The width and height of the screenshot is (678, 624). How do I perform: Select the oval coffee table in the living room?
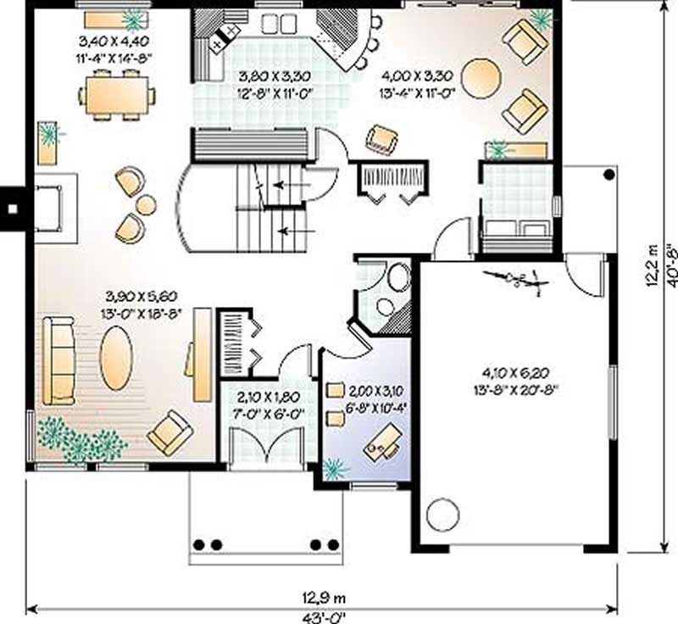click(x=116, y=359)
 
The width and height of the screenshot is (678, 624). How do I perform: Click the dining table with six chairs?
click(x=118, y=95)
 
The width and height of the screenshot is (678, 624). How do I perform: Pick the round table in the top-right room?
click(x=481, y=78)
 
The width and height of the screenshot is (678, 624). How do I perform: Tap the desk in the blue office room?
click(x=382, y=443)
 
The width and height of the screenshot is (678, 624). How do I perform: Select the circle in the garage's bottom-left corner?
click(x=442, y=513)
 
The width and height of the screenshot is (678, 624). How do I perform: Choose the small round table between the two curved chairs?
click(x=146, y=204)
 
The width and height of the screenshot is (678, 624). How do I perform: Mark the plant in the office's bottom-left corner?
click(x=336, y=469)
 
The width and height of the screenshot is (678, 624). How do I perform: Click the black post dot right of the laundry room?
click(x=609, y=175)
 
